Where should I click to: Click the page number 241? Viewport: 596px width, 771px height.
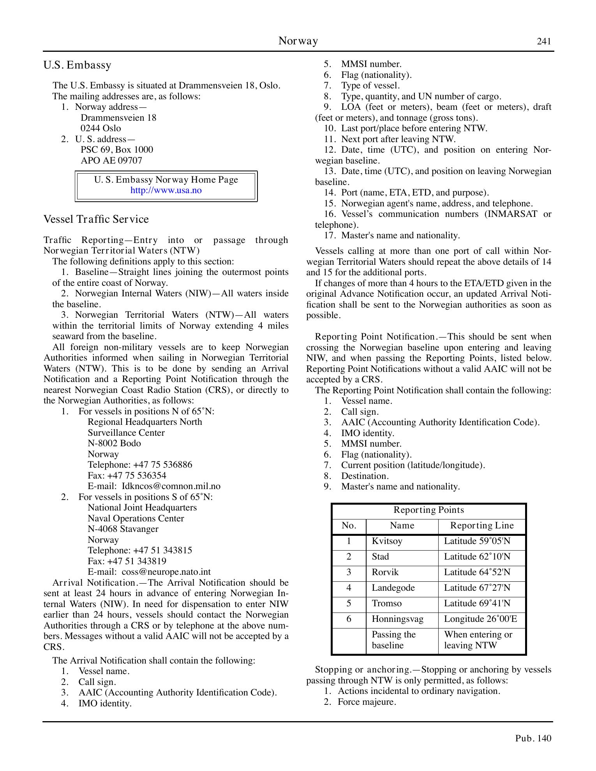pos(544,42)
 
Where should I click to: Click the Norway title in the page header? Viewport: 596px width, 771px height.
pos(298,41)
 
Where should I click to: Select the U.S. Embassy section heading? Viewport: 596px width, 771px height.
pos(78,65)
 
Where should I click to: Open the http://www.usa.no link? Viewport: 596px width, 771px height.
pos(166,190)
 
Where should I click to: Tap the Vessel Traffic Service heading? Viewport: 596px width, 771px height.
pos(96,219)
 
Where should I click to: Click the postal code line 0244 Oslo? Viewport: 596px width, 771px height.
pos(101,128)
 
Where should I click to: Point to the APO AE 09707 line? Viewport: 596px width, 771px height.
pos(111,160)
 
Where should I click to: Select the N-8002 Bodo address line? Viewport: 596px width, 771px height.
pos(114,444)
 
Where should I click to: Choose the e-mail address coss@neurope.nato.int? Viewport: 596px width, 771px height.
pos(166,572)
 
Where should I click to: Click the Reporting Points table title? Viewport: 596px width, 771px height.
pos(428,510)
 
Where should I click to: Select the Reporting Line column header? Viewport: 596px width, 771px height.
pos(482,526)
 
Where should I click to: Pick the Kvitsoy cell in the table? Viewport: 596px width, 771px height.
pos(387,541)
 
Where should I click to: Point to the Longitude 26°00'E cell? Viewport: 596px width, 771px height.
pos(480,619)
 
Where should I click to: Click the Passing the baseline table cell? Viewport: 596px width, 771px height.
pos(393,640)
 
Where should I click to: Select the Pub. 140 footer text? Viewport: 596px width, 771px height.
pos(533,738)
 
